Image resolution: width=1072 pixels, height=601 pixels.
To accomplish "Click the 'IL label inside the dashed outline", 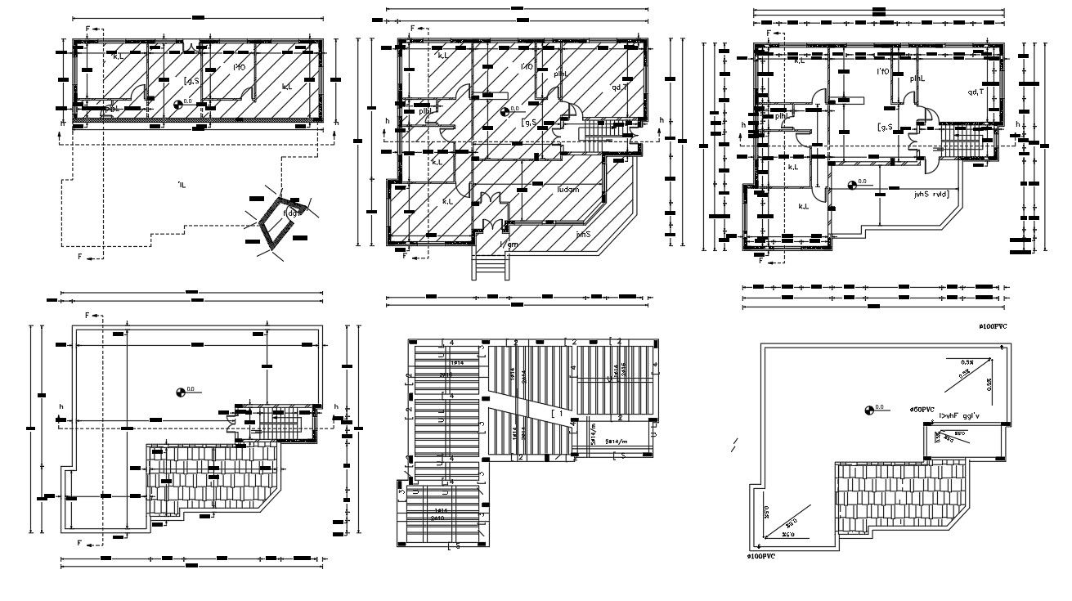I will pyautogui.click(x=181, y=186).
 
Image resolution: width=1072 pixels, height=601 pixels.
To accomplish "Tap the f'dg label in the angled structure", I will pyautogui.click(x=290, y=213).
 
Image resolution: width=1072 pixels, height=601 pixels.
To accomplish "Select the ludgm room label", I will pyautogui.click(x=567, y=190).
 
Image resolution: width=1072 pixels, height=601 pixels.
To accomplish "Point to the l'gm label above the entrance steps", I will pyautogui.click(x=509, y=244).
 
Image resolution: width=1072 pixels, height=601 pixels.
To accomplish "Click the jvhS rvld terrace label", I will pyautogui.click(x=931, y=195).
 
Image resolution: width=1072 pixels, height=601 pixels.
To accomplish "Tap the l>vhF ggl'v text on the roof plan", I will pyautogui.click(x=963, y=416).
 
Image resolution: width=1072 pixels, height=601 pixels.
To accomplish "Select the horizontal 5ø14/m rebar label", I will pyautogui.click(x=617, y=441).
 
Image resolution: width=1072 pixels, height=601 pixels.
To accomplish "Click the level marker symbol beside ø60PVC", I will pyautogui.click(x=868, y=410).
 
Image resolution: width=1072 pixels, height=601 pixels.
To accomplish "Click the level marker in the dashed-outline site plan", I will pyautogui.click(x=179, y=104).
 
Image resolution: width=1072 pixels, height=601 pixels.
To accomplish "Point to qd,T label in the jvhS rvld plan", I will pyautogui.click(x=976, y=92).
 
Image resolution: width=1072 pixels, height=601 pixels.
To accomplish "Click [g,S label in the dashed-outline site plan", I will pyautogui.click(x=191, y=80).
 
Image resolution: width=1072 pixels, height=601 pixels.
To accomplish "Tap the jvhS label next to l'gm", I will pyautogui.click(x=582, y=234).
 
